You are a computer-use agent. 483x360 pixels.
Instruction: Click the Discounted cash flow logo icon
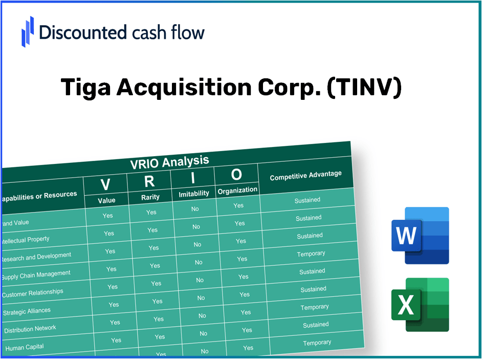click(28, 31)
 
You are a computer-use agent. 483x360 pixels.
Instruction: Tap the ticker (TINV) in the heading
click(364, 88)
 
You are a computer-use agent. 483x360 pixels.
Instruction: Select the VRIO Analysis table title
click(169, 162)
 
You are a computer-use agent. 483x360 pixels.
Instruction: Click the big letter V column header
click(105, 184)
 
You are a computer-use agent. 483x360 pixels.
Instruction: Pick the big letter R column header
click(149, 181)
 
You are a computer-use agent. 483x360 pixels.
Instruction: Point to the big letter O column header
click(236, 175)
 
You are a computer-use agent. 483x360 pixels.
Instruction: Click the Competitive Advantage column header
click(305, 175)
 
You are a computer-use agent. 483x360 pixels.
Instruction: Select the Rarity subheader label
click(150, 197)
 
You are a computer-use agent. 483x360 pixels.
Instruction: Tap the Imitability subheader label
click(194, 194)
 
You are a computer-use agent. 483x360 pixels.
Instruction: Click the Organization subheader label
click(237, 190)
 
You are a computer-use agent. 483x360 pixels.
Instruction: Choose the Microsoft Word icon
click(420, 236)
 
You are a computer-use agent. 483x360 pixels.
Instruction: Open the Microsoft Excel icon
click(420, 305)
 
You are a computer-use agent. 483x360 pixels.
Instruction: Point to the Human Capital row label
click(25, 347)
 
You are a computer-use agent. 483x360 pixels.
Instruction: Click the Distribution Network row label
click(30, 329)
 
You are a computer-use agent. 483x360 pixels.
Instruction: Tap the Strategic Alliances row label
click(27, 311)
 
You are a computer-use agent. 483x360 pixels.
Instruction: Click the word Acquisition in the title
click(184, 88)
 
